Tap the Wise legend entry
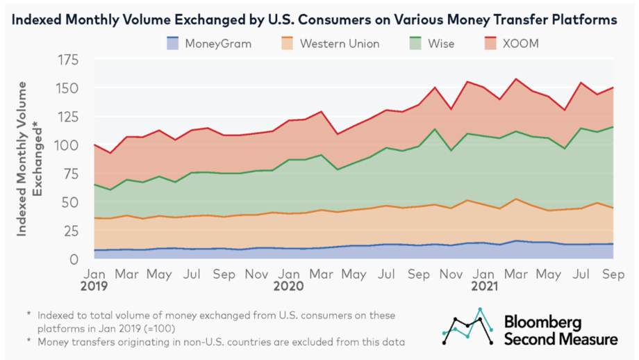tap(429, 43)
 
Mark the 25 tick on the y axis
tap(67, 231)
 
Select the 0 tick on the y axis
tap(72, 259)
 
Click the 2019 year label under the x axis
tap(96, 285)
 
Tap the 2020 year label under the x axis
tap(287, 285)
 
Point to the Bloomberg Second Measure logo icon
tap(468, 327)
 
